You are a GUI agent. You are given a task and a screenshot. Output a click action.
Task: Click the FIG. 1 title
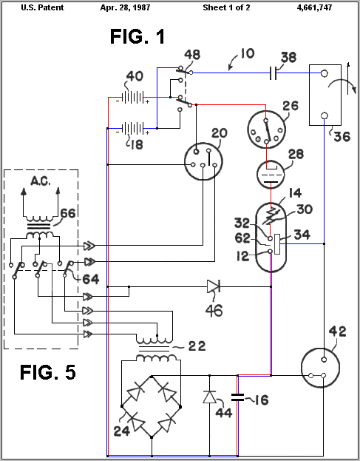137,37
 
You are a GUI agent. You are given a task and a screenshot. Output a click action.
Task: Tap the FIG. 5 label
47,372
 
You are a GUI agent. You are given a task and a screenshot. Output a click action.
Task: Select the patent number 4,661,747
314,7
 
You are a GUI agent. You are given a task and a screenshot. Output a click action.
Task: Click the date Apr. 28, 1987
125,7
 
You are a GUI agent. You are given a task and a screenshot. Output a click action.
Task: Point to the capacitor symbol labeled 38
273,73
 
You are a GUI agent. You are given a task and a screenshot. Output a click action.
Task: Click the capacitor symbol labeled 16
237,397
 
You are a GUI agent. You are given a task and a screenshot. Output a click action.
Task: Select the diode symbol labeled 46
214,286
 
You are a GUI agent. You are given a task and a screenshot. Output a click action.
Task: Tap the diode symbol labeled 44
209,397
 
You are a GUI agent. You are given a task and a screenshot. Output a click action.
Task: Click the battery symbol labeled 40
134,98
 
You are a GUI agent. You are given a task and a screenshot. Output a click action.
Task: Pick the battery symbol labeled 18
134,129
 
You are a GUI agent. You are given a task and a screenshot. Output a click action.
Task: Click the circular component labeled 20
203,161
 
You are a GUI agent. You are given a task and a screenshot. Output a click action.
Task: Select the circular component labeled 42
321,367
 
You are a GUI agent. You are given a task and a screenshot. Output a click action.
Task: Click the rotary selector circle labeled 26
266,129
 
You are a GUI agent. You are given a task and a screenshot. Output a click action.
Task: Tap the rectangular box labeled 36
325,95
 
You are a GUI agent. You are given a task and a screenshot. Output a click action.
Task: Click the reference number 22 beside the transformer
197,346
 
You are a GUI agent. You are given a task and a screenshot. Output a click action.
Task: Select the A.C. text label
41,181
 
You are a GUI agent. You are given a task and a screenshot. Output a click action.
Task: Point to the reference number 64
91,279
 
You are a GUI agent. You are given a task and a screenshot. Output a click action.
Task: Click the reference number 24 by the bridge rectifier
121,431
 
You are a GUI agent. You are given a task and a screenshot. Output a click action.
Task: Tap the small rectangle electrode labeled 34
277,243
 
